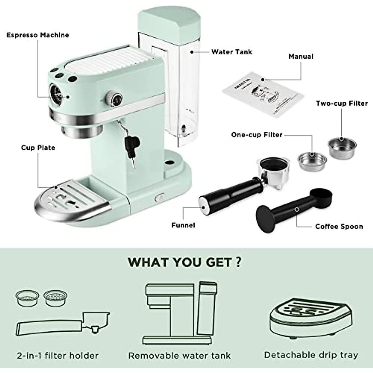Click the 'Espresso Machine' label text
pos(38,35)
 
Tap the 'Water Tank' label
pos(232,52)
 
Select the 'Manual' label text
pos(301,56)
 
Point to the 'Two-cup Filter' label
pos(342,103)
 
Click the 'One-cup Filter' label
pos(257,135)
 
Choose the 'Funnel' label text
pos(183,225)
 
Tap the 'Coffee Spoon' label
pos(339,226)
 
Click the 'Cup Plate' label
pos(38,147)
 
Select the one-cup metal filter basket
pos(312,160)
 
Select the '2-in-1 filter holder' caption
pos(58,355)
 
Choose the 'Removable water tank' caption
pos(179,355)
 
